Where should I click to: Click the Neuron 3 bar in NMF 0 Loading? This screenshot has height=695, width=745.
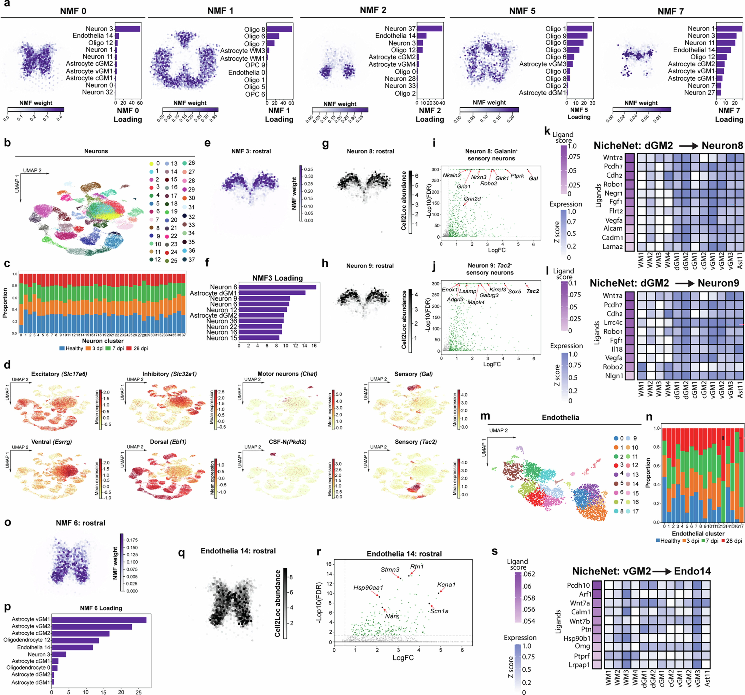(127, 29)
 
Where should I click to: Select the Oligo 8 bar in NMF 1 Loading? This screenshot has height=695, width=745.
(279, 29)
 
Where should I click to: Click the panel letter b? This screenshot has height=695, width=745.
(7, 143)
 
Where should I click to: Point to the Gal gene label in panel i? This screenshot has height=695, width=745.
(533, 178)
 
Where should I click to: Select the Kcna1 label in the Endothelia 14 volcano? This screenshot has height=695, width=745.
(446, 585)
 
